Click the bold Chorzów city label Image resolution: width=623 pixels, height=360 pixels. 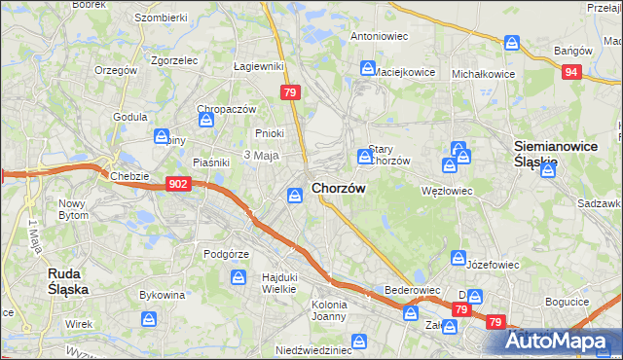338,189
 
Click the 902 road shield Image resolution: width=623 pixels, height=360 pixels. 177,184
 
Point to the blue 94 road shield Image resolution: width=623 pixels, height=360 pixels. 571,72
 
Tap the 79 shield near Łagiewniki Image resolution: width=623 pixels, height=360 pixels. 289,92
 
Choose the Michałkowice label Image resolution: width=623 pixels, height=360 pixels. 483,73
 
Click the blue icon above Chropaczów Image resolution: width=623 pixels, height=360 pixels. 206,121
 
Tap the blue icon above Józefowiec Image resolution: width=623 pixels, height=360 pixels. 458,258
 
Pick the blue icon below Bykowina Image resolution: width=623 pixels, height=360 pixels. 149,318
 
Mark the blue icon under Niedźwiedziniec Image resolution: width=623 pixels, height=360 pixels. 359,342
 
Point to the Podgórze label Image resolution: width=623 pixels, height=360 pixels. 227,254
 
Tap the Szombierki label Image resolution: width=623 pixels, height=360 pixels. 160,18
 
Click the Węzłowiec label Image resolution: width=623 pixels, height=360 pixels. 446,191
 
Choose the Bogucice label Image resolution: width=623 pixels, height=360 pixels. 567,302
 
